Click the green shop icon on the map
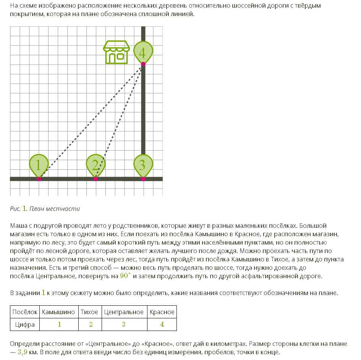117,52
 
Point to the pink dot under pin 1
39,179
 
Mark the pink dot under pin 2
96,179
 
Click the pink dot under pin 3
143,179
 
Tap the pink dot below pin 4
143,64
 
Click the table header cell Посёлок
25,312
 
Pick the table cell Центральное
124,312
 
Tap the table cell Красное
162,312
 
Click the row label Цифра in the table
25,324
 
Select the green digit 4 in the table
162,324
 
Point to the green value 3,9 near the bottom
23,352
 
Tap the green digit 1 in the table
59,324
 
